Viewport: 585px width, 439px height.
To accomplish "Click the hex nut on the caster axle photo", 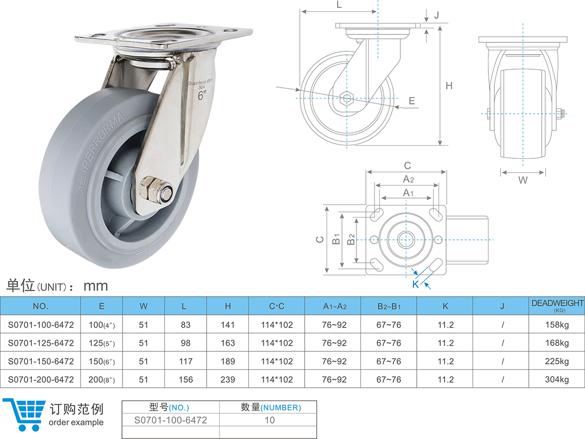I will tap(150, 189).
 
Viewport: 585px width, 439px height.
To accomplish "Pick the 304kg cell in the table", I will tap(557, 379).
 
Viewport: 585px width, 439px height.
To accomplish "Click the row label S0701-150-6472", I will tap(41, 361).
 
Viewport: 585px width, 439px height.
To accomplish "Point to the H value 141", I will tap(228, 325).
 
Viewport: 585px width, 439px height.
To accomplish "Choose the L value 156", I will tap(186, 379).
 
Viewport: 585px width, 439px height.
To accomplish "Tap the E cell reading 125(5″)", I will tap(102, 343).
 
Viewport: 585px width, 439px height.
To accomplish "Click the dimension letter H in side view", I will tap(449, 86).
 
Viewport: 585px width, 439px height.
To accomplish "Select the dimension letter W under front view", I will tap(523, 180).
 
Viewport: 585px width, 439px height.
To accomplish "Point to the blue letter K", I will tap(415, 284).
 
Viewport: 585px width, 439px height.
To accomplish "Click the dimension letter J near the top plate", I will tap(436, 15).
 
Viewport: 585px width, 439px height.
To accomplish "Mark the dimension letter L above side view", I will tap(339, 5).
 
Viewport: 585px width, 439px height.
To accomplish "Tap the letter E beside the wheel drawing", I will tap(412, 101).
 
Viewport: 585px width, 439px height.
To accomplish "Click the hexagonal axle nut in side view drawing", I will tap(346, 98).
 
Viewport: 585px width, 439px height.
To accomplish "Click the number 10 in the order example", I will tap(269, 420).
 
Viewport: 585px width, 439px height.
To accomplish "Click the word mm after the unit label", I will tap(96, 286).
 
